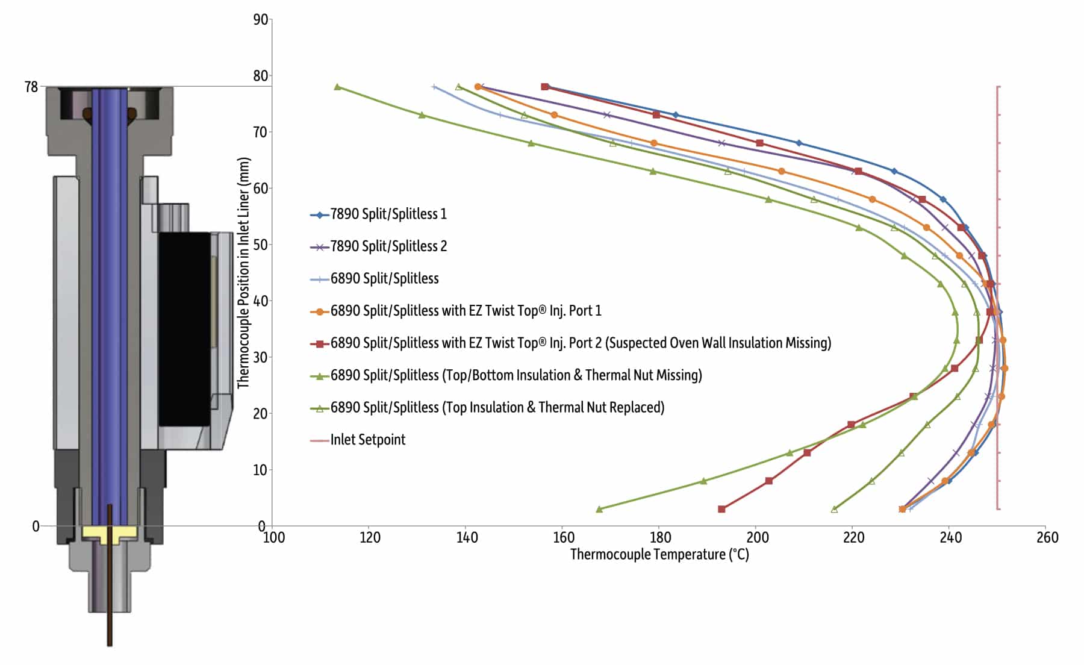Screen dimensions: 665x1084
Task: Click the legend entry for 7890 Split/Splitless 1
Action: coord(388,214)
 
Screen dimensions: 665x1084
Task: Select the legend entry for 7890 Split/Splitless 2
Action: coord(388,246)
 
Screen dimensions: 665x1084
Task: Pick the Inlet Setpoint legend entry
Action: coord(367,440)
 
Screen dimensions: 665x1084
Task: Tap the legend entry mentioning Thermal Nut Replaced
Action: coord(497,408)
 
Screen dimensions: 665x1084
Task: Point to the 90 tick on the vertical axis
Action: coord(260,20)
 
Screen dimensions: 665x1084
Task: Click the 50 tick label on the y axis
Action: coord(260,245)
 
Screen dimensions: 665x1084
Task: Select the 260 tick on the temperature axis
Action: coord(1047,537)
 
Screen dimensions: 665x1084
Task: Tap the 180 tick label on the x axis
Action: coord(661,537)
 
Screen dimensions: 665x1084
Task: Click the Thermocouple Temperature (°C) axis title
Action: coord(659,555)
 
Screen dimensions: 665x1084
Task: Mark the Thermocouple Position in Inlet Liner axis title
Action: coord(243,272)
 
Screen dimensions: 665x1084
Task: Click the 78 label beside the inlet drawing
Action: coord(31,87)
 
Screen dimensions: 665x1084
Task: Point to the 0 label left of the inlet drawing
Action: coord(36,526)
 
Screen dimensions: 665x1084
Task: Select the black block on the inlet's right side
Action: coord(184,329)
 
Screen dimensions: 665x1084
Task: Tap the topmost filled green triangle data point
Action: coord(337,87)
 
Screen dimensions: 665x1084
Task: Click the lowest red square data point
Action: coord(721,510)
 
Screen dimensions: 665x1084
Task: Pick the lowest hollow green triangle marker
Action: coord(834,510)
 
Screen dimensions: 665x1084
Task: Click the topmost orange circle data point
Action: coord(478,87)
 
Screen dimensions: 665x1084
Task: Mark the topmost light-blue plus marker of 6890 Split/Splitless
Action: coord(434,87)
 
